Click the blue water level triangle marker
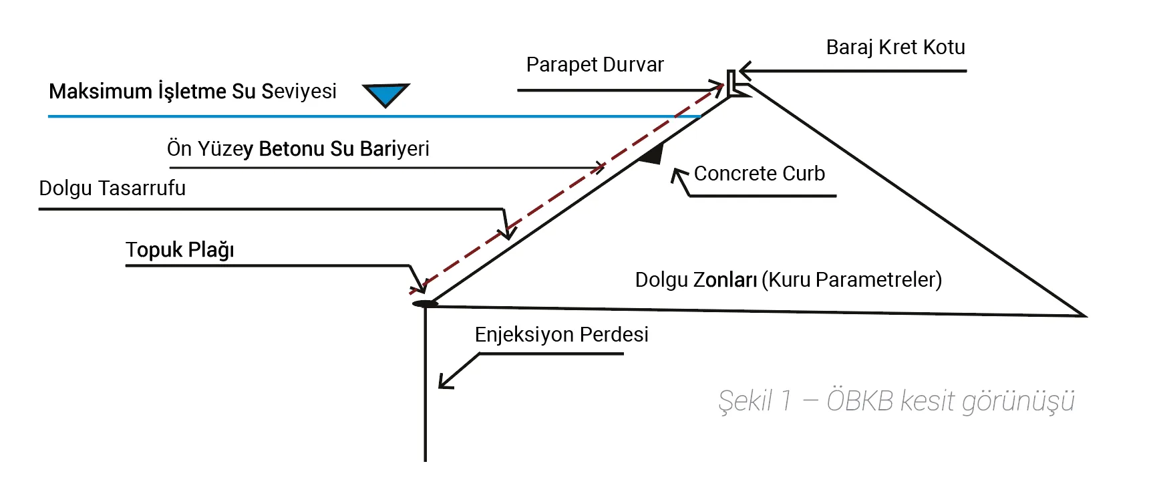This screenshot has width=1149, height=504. tap(385, 94)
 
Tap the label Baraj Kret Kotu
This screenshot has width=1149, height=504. tap(895, 47)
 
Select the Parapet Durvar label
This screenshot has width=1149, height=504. tap(595, 65)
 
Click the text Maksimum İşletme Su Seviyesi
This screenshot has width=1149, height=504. tap(192, 91)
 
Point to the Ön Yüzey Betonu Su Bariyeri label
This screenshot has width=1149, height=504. tap(298, 148)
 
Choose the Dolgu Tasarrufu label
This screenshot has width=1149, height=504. tap(112, 188)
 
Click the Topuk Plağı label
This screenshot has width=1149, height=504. tap(180, 250)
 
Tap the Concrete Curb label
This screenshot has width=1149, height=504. tap(759, 174)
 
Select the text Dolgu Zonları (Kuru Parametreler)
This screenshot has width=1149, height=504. tap(788, 279)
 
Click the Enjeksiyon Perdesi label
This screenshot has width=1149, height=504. tap(561, 334)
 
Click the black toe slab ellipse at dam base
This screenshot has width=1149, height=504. tap(425, 304)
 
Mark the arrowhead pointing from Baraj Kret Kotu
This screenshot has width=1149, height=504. tap(744, 70)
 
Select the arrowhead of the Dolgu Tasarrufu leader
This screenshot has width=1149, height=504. tap(508, 234)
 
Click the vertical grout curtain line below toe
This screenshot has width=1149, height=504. tap(425, 388)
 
